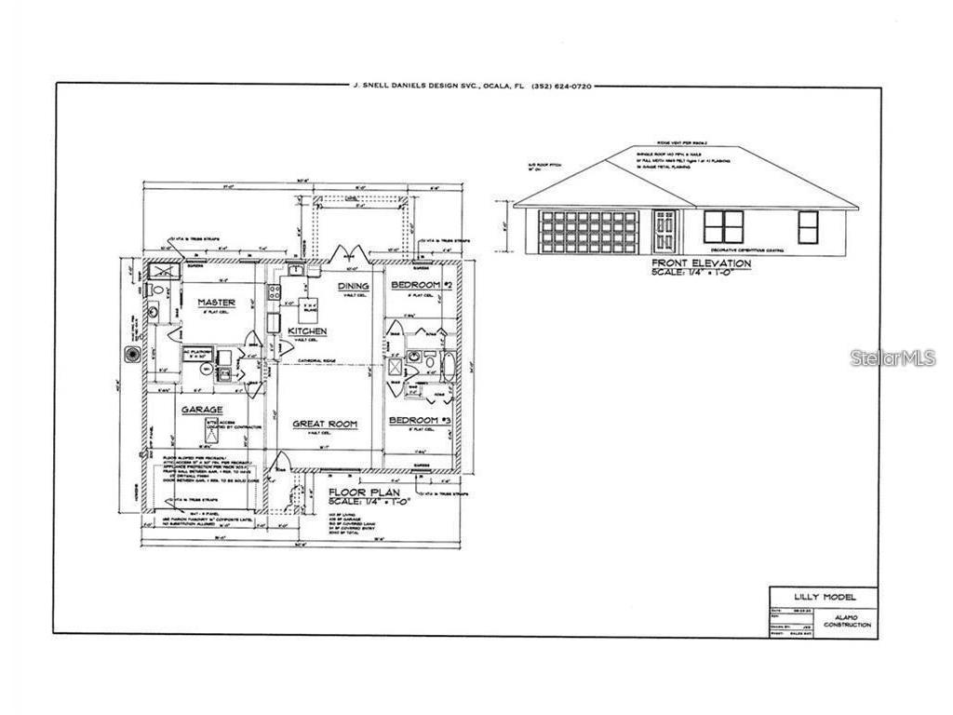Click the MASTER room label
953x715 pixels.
coord(216,303)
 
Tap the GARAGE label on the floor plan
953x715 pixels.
coord(202,410)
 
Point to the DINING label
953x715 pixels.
coord(354,286)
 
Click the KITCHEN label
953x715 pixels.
coord(306,331)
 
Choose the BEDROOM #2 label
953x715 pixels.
coord(422,285)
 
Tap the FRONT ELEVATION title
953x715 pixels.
coord(701,263)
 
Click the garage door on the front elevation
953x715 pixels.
coord(590,231)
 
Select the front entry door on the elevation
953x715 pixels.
coord(664,230)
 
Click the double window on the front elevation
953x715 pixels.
coord(723,226)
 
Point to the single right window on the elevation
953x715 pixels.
coord(808,226)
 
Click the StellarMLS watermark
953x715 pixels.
coord(893,357)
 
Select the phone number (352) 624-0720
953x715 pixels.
coord(561,87)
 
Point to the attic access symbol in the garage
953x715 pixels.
coord(211,430)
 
